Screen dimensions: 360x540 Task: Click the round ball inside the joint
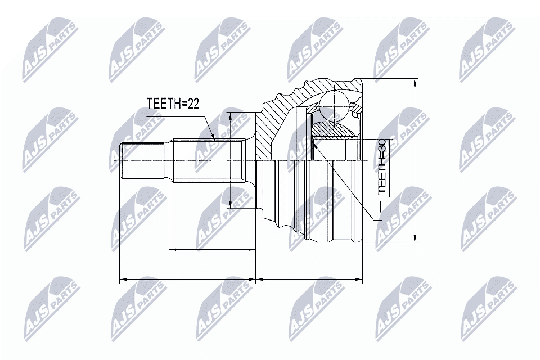pyautogui.click(x=334, y=103)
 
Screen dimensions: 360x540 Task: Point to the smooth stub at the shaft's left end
pyautogui.click(x=143, y=161)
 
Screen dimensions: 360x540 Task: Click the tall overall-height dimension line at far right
pyautogui.click(x=415, y=160)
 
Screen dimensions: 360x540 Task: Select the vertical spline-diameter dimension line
pyautogui.click(x=230, y=160)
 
